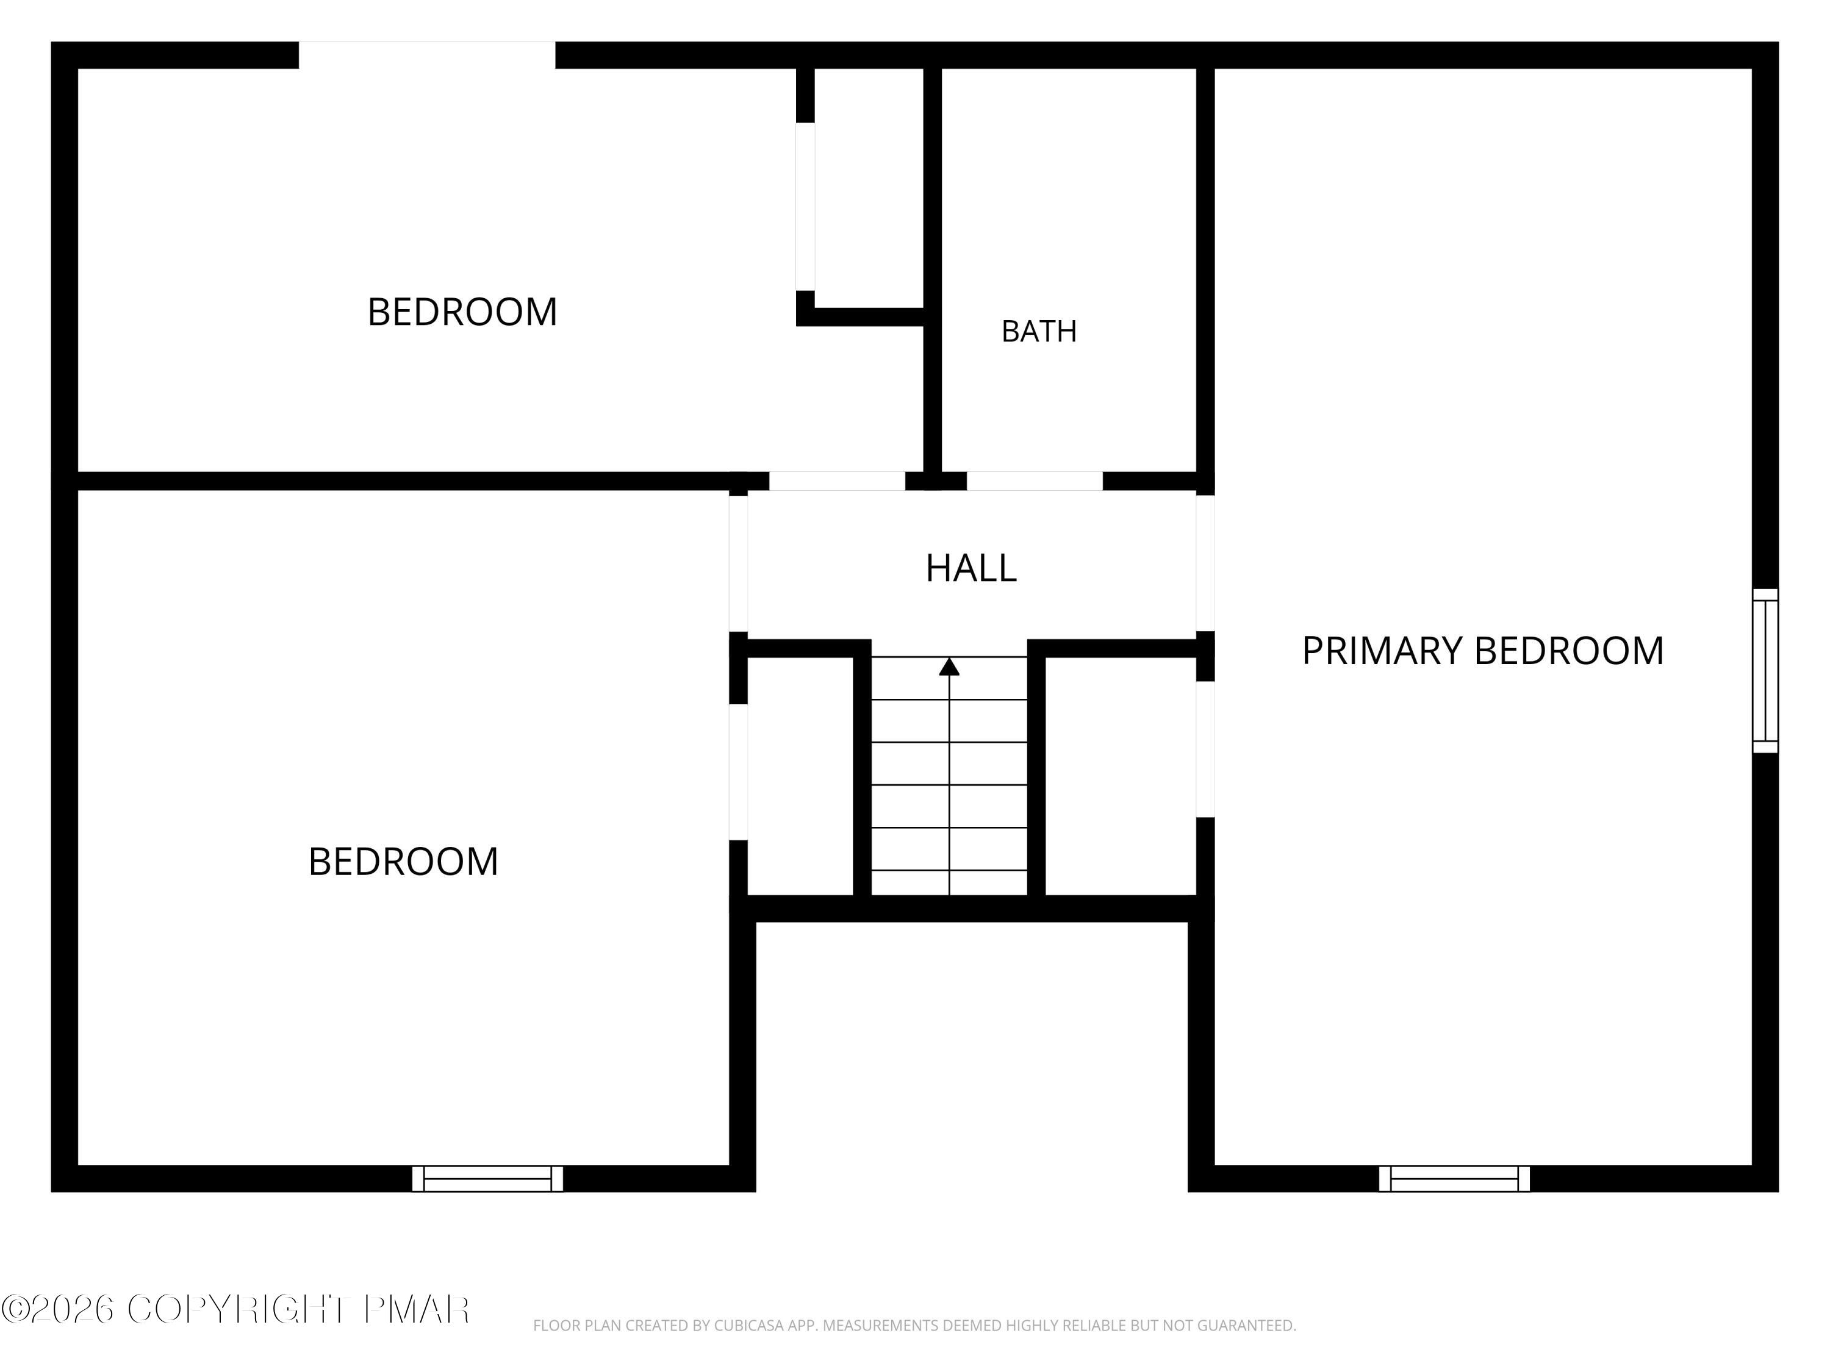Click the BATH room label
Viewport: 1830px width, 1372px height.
coord(1039,332)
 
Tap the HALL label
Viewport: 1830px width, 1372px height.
coord(971,568)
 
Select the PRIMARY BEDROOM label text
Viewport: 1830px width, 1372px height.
coord(1482,651)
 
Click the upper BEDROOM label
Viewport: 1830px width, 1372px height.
coord(462,312)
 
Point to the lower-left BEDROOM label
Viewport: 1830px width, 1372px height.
coord(404,862)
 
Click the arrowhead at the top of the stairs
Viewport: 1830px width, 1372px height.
coord(949,666)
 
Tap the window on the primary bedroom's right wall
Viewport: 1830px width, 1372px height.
coord(1765,671)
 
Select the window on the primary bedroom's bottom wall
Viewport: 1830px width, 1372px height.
coord(1454,1179)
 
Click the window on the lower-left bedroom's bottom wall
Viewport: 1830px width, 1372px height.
coord(487,1179)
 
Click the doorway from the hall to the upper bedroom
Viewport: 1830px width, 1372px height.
coord(838,481)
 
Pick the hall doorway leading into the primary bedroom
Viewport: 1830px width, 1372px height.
coord(1205,563)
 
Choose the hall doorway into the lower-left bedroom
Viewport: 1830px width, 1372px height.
coord(738,564)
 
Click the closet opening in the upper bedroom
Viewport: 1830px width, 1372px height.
coord(805,207)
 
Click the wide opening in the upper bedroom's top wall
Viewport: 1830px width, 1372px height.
coord(427,55)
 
